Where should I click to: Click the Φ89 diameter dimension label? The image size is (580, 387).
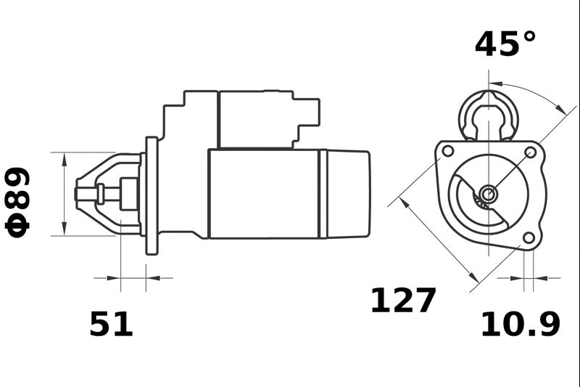pyautogui.click(x=18, y=201)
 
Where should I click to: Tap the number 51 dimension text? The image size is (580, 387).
pyautogui.click(x=112, y=325)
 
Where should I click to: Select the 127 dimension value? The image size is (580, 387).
pyautogui.click(x=403, y=301)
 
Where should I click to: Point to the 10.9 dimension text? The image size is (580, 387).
pyautogui.click(x=521, y=325)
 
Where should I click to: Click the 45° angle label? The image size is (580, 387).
pyautogui.click(x=506, y=44)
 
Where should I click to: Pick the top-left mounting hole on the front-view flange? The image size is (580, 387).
pyautogui.click(x=448, y=151)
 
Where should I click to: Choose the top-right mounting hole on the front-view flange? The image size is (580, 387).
pyautogui.click(x=530, y=152)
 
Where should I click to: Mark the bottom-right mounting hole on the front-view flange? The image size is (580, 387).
pyautogui.click(x=529, y=237)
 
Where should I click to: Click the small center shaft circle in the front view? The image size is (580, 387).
pyautogui.click(x=489, y=193)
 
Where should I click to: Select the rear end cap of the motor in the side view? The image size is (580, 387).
pyautogui.click(x=348, y=194)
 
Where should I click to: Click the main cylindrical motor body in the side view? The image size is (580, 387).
pyautogui.click(x=265, y=194)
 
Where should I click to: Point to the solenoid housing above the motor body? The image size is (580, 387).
pyautogui.click(x=255, y=120)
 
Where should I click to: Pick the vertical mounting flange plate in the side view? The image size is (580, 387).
pyautogui.click(x=152, y=195)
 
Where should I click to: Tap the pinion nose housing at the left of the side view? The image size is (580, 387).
pyautogui.click(x=109, y=194)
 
